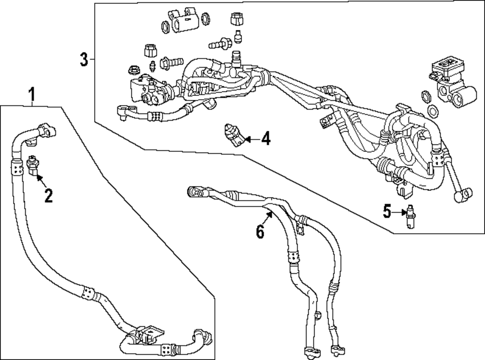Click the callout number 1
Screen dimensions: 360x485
tap(32, 95)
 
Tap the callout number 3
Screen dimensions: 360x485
tap(84, 60)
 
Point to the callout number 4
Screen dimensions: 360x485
tap(265, 140)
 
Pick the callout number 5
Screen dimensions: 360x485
tap(387, 211)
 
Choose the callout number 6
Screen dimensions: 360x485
tap(260, 232)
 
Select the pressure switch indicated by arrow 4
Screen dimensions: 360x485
tap(232, 135)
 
